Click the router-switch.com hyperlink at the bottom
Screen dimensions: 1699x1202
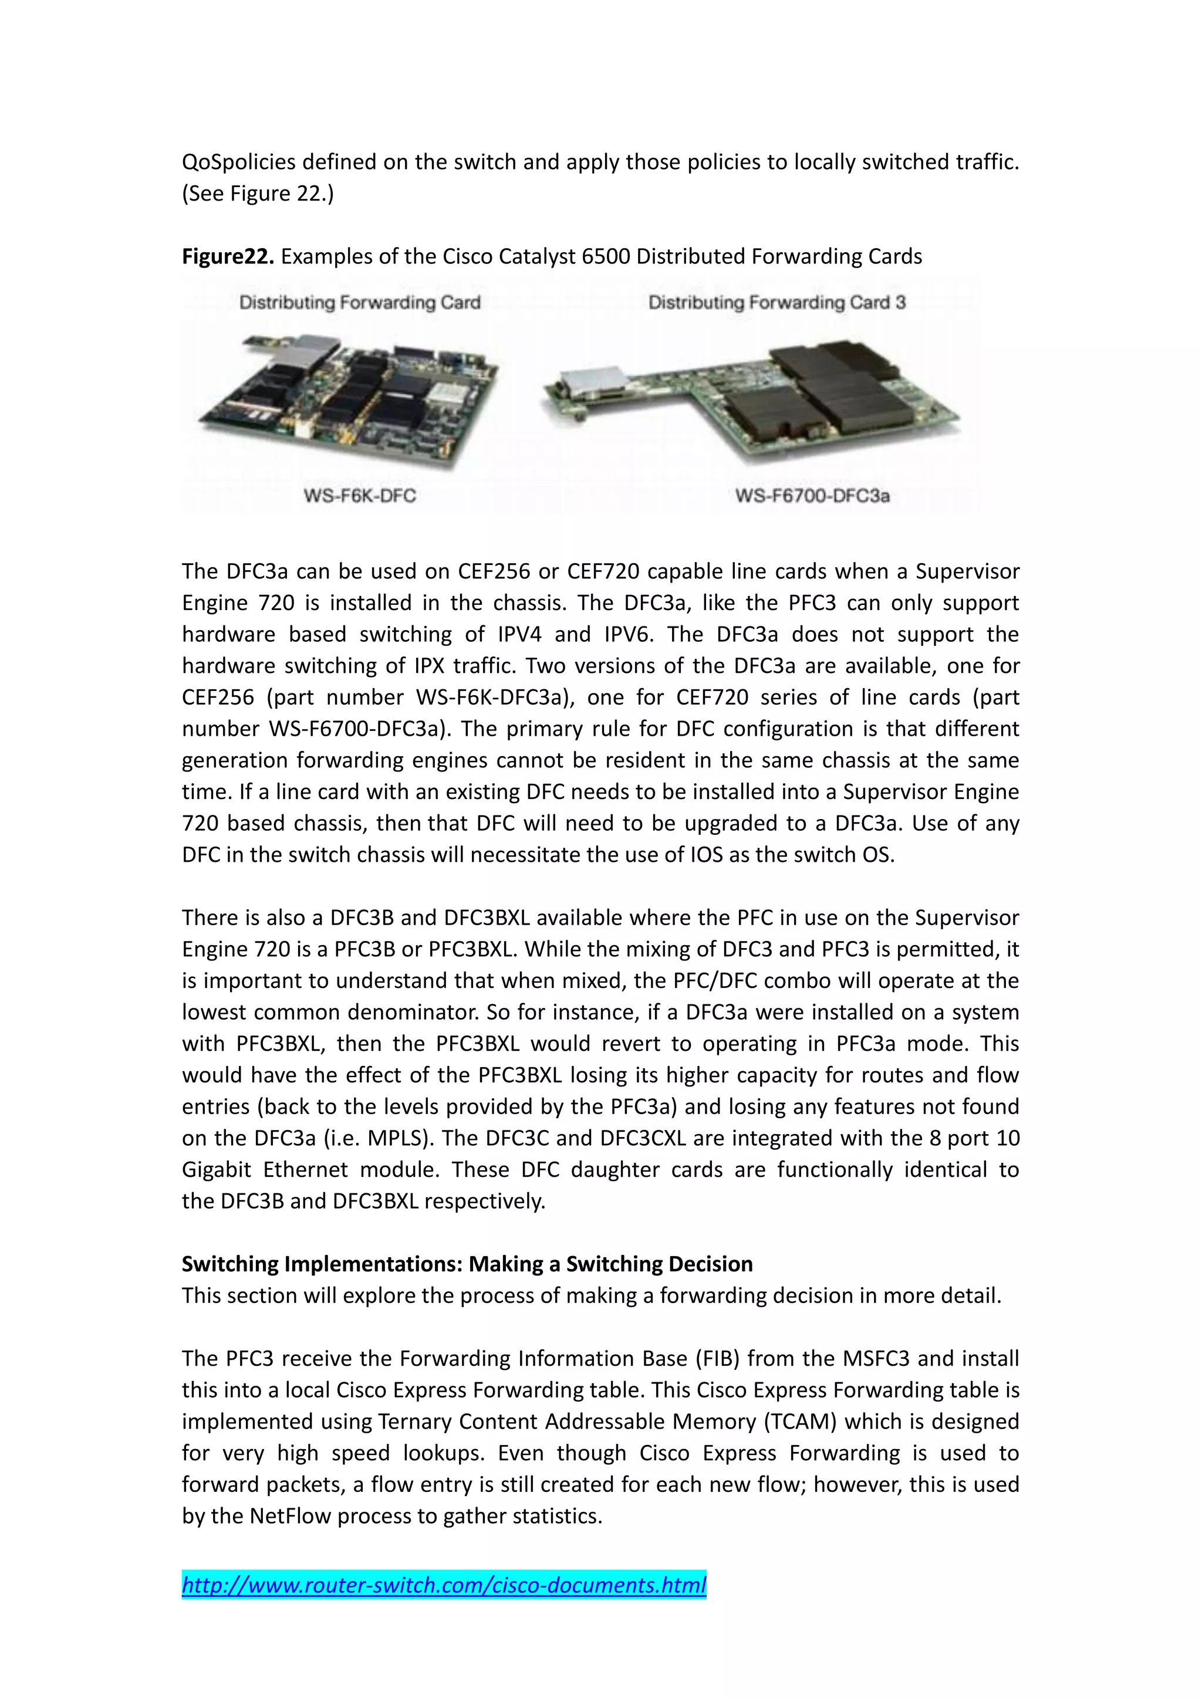coord(444,1584)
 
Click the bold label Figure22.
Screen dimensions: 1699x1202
coord(228,256)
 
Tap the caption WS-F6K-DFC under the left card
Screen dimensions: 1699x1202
coord(360,495)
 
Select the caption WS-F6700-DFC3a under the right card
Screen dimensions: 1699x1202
coord(812,495)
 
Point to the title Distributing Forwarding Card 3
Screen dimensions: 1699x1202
coord(776,302)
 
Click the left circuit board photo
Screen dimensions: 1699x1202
coord(348,400)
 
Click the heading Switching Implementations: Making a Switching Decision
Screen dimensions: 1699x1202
coord(467,1263)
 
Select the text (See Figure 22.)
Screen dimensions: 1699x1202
coord(258,193)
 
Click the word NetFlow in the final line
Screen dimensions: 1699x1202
coord(290,1515)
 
